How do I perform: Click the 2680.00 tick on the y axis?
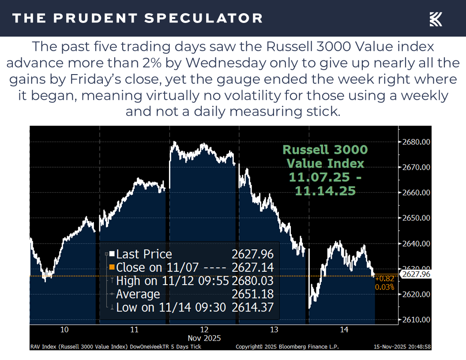pos(415,142)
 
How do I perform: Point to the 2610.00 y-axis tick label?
pos(415,319)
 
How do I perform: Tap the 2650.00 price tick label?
pos(415,218)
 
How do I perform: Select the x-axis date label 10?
pos(64,330)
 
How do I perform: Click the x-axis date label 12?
pos(204,330)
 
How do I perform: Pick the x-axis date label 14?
pos(344,330)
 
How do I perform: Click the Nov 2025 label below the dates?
pos(204,338)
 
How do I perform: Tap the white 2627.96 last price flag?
pos(416,274)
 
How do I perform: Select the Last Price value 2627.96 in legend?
pos(252,254)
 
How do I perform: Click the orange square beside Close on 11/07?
pos(112,267)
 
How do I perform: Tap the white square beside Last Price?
pos(112,254)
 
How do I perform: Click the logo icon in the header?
pos(436,19)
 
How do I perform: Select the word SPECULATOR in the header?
pos(204,18)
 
